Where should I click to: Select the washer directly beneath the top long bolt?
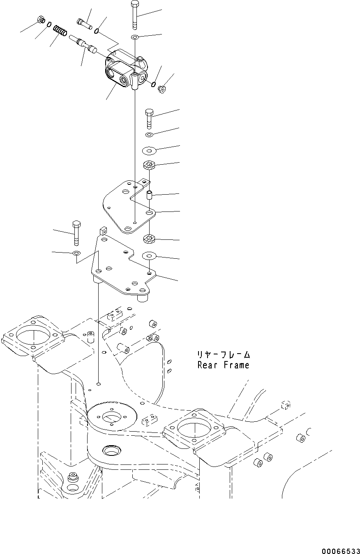(x=135, y=38)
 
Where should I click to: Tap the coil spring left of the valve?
(x=61, y=31)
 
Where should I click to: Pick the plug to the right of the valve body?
(x=162, y=88)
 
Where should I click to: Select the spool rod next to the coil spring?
(x=83, y=43)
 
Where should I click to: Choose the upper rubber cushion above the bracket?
(x=148, y=166)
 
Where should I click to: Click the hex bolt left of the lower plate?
(x=76, y=232)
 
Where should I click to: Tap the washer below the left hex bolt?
(x=76, y=253)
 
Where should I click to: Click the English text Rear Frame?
(x=223, y=365)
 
